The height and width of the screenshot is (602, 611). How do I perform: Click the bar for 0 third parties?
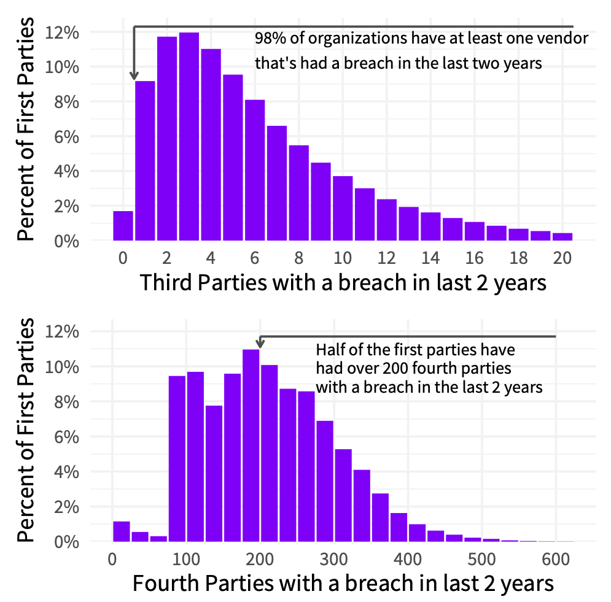pos(123,226)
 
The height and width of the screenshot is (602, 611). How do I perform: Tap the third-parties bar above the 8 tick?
pos(298,193)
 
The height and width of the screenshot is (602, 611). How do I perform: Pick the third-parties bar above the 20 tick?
pos(562,237)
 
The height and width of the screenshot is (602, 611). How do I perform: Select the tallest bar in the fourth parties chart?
pos(251,446)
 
